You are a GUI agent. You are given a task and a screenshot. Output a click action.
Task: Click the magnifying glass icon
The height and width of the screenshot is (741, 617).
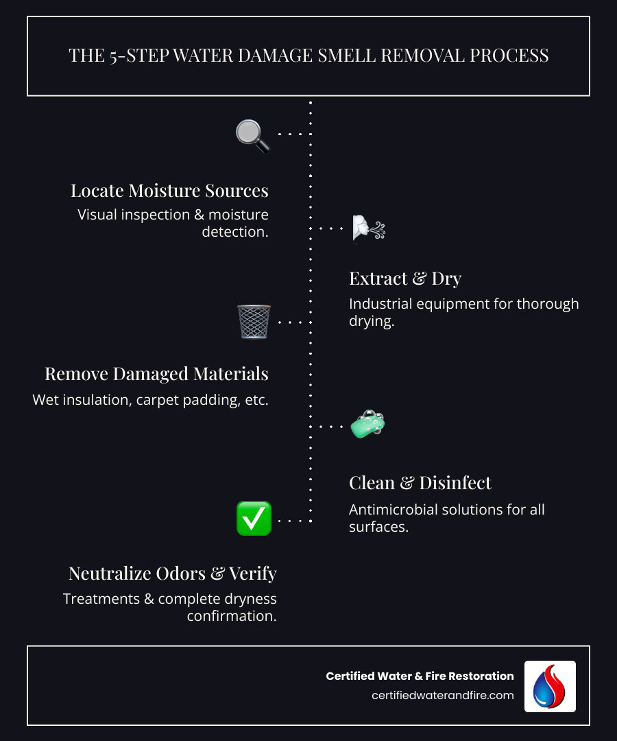(x=252, y=135)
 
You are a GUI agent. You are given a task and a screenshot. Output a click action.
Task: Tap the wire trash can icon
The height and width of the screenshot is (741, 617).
(x=254, y=322)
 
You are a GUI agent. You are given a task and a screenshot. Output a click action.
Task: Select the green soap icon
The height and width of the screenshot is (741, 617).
(x=367, y=425)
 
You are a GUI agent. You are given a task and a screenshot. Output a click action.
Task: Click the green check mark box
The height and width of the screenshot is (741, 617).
(x=254, y=519)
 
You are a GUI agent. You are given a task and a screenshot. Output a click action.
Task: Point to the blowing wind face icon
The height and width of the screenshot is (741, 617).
(x=367, y=228)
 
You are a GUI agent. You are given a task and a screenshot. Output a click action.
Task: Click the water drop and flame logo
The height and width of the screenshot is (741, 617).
(x=550, y=686)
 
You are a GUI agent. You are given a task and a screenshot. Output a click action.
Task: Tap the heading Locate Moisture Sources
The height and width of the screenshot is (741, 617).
(x=169, y=190)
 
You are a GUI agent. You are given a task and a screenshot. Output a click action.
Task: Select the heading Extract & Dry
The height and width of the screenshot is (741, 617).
(x=405, y=278)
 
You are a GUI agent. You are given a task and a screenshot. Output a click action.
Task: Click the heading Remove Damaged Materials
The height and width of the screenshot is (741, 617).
(x=156, y=373)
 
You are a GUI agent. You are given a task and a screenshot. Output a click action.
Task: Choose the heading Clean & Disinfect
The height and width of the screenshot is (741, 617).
(x=420, y=482)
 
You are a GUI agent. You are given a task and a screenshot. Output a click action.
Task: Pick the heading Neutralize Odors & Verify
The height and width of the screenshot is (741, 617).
(x=172, y=573)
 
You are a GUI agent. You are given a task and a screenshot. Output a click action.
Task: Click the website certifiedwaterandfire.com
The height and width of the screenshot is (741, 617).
(x=443, y=695)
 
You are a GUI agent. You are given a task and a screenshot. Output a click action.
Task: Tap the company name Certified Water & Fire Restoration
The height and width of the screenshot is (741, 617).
(x=420, y=676)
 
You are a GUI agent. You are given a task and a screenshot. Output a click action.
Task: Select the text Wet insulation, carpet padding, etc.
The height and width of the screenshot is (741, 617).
(x=150, y=399)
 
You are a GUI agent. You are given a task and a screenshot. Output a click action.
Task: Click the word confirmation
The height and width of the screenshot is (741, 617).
(x=232, y=615)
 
